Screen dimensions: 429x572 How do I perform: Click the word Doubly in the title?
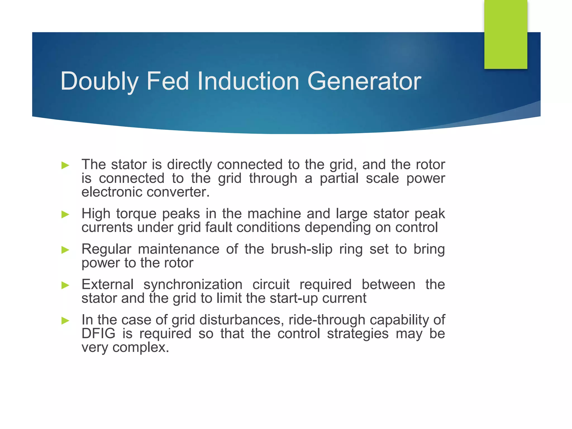99,81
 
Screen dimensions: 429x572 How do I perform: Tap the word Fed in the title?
168,81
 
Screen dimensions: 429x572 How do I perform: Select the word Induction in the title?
248,81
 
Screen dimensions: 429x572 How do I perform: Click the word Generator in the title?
364,81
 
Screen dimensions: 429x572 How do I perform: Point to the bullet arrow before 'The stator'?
65,165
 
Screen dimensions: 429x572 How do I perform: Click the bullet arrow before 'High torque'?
65,214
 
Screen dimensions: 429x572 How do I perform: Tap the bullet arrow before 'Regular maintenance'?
65,250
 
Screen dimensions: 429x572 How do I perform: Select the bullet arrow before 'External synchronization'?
65,285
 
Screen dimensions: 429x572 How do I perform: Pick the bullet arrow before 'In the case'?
65,320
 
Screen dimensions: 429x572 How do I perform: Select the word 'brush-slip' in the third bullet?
301,249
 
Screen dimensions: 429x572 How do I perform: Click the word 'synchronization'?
193,285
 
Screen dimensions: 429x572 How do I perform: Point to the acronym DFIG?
98,333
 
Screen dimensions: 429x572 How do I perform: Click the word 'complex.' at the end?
141,347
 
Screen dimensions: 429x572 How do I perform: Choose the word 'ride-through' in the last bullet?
327,320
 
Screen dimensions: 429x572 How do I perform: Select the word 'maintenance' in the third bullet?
178,249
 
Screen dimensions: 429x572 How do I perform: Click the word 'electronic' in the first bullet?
112,192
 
